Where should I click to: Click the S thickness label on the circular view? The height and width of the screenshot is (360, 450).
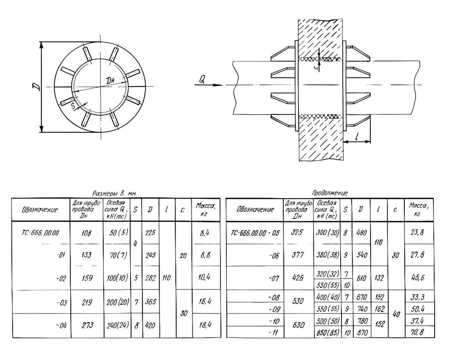click(x=73, y=106)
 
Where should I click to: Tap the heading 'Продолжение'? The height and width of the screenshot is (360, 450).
click(x=330, y=193)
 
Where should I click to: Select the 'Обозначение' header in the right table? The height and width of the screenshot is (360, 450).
click(x=255, y=209)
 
